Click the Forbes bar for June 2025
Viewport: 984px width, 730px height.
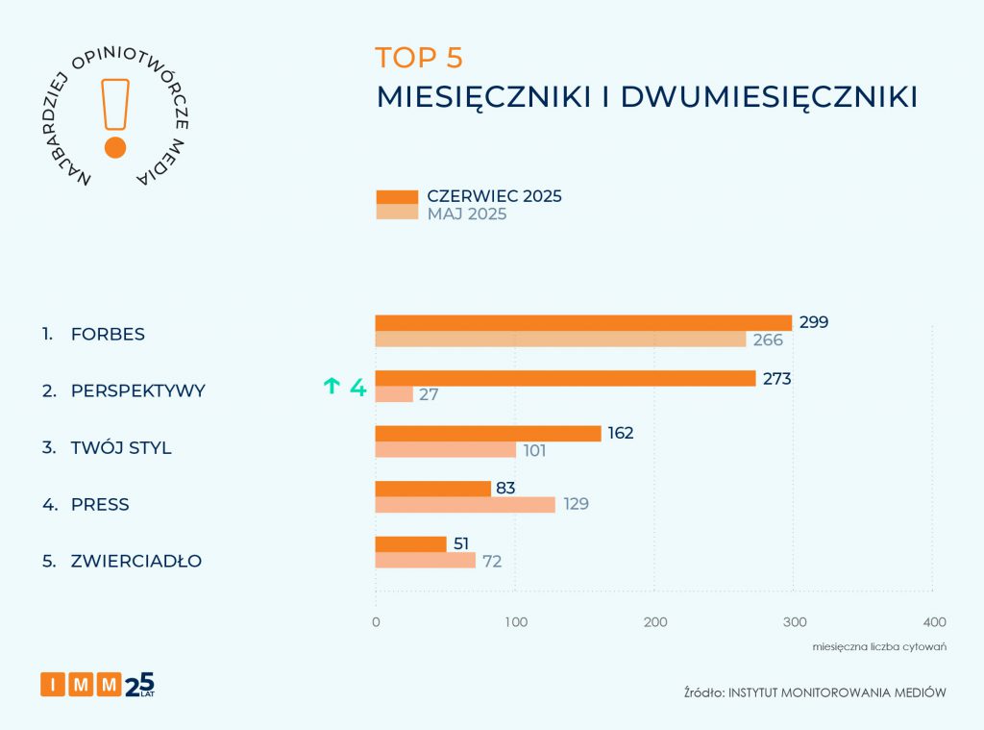[x=583, y=323]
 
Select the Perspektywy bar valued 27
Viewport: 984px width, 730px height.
[x=394, y=394]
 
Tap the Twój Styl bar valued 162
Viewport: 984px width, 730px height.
[x=488, y=434]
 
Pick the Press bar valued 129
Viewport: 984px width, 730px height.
[x=465, y=505]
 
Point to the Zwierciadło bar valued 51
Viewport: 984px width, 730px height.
[x=411, y=544]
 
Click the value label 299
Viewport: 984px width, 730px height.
[x=814, y=322]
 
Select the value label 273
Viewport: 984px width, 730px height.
[x=776, y=379]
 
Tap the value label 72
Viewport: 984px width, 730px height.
[x=493, y=561]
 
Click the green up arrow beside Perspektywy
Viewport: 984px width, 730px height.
[x=332, y=387]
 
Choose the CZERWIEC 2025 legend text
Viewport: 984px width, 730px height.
[x=494, y=196]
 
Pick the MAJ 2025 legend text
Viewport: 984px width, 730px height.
[x=467, y=214]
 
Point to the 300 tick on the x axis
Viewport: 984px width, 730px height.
[x=794, y=621]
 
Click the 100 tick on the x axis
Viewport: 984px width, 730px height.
[x=515, y=621]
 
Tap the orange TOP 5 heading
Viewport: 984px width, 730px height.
[x=419, y=58]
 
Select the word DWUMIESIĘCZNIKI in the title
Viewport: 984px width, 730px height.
[x=769, y=97]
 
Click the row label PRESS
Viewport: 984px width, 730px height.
[x=100, y=505]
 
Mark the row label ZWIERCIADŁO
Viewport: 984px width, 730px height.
[x=136, y=561]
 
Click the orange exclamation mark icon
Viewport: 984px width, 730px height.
[x=115, y=115]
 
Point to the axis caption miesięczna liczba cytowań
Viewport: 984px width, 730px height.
[x=879, y=646]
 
